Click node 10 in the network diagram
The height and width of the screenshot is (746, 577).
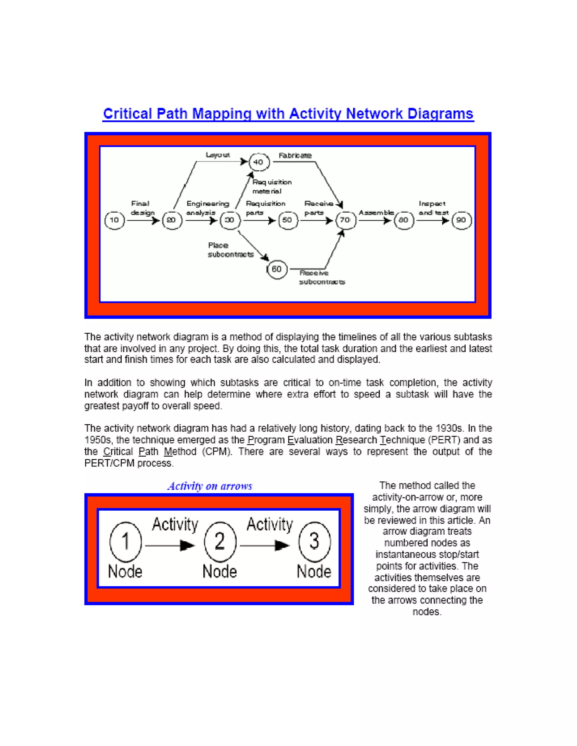pos(114,220)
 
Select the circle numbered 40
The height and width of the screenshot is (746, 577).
pos(259,162)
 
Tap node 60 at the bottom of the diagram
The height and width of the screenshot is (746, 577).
pos(277,269)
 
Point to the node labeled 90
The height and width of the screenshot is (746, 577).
pos(461,220)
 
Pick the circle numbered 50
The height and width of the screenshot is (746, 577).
pos(287,220)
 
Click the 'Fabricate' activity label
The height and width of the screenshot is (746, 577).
pos(295,155)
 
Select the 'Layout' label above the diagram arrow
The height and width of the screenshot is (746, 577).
pos(218,155)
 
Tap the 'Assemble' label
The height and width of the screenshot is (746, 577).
pos(376,213)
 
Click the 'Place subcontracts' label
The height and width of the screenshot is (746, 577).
pos(231,250)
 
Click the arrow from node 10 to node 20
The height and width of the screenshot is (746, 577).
pos(143,221)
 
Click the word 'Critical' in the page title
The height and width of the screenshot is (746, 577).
pos(127,114)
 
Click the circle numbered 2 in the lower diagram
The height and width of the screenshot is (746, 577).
pos(220,541)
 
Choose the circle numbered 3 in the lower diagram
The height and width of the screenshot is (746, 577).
pos(314,541)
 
